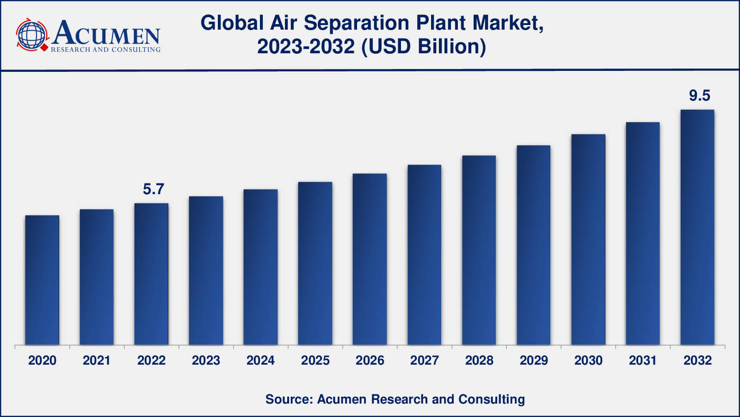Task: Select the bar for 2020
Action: pos(42,280)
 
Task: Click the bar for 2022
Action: pos(151,274)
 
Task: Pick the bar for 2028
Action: pos(479,250)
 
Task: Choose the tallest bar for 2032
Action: pos(697,227)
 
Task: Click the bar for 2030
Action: pos(588,240)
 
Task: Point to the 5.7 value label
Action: pos(153,189)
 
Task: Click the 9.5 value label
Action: pos(699,95)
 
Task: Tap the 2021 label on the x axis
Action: pos(96,360)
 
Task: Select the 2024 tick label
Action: pos(260,360)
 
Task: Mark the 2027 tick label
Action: pos(424,360)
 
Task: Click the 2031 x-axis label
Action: pos(642,360)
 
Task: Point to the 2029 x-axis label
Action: pos(533,360)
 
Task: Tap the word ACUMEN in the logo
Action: pos(106,33)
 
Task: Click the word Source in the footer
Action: pos(288,399)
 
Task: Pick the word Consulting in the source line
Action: pos(492,399)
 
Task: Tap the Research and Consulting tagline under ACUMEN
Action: pos(105,49)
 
